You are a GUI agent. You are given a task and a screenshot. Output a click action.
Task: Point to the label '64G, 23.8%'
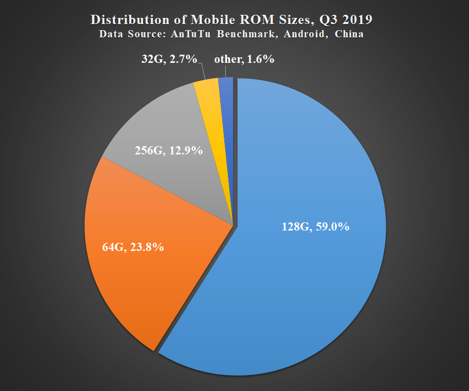click(x=133, y=248)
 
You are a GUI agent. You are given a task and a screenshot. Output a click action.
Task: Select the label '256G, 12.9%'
click(x=169, y=151)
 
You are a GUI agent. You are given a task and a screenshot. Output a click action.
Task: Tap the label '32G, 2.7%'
click(x=169, y=59)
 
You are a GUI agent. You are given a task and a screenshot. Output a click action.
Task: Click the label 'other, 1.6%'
click(x=244, y=59)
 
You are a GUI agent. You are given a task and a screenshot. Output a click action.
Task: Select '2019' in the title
click(x=356, y=20)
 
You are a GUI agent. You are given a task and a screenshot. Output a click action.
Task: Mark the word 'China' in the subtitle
click(x=349, y=34)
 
